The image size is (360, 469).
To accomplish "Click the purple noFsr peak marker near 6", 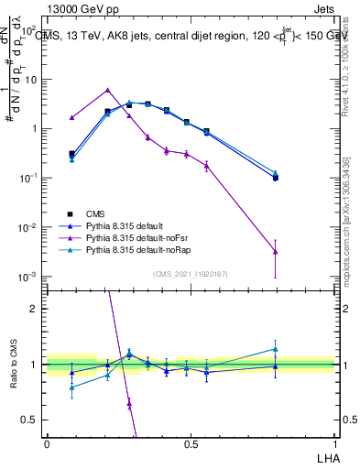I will [x=108, y=90].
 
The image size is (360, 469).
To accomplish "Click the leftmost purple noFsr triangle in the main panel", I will [x=71, y=117].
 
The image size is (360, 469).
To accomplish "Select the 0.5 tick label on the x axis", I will [x=191, y=443].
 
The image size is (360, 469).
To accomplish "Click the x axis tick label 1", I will [x=333, y=443].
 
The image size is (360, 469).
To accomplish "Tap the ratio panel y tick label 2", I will [x=36, y=309].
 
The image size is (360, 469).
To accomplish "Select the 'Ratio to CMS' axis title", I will [x=13, y=365].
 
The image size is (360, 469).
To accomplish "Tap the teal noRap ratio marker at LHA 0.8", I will [x=276, y=348].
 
